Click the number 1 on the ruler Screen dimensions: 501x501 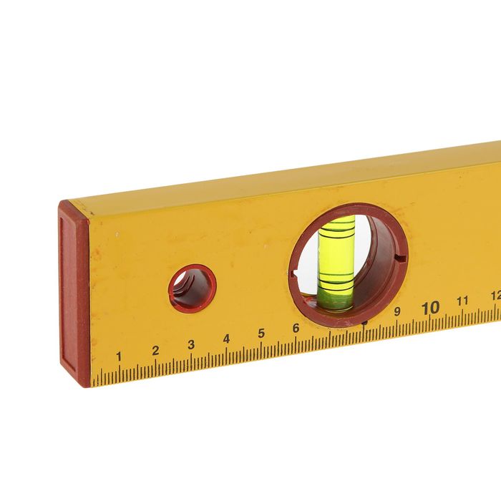pos(118,356)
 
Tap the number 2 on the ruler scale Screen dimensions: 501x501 pos(155,350)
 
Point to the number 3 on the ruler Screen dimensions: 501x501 pos(191,344)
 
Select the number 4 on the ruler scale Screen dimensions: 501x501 pos(226,339)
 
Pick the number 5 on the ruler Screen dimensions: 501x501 pos(261,333)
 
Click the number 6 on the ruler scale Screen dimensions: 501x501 pos(296,328)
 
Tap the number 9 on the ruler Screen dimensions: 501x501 pos(397,311)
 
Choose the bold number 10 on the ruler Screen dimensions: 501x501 pos(430,308)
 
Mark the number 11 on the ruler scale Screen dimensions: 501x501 pos(463,301)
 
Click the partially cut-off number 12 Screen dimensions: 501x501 pos(495,295)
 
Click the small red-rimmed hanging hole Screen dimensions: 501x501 pos(191,288)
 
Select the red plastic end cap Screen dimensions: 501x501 pos(74,293)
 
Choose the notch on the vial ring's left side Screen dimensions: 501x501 pos(293,273)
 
